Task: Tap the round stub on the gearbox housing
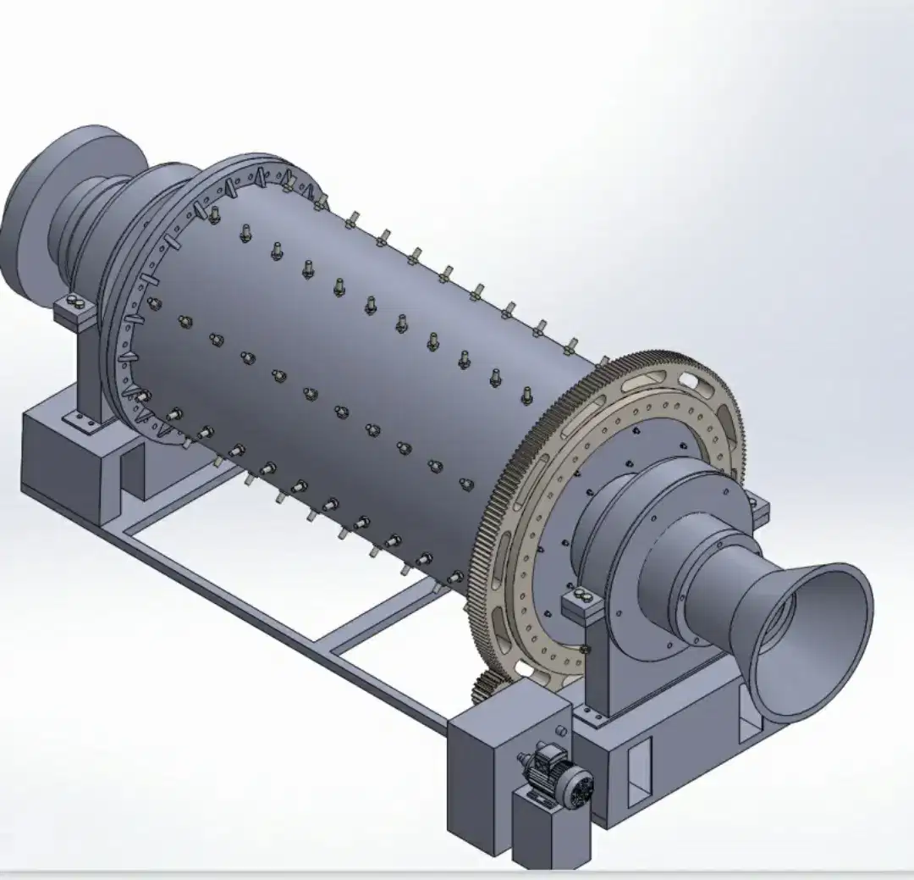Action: [559, 730]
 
